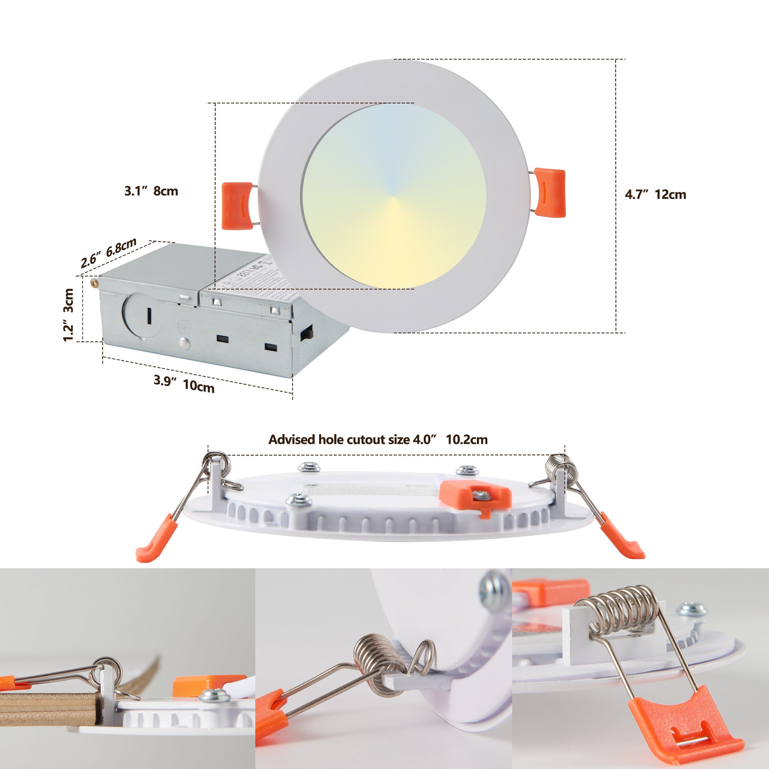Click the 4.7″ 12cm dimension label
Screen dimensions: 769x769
[655, 195]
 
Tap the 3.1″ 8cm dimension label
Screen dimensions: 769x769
[151, 191]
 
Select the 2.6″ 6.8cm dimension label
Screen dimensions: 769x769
[109, 253]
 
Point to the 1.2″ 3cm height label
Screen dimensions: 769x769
[68, 315]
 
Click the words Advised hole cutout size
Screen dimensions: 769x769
[339, 439]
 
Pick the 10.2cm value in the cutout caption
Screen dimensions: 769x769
[466, 439]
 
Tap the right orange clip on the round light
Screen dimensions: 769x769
[550, 192]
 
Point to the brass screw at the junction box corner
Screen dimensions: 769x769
[95, 282]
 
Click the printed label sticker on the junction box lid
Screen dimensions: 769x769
[255, 285]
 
